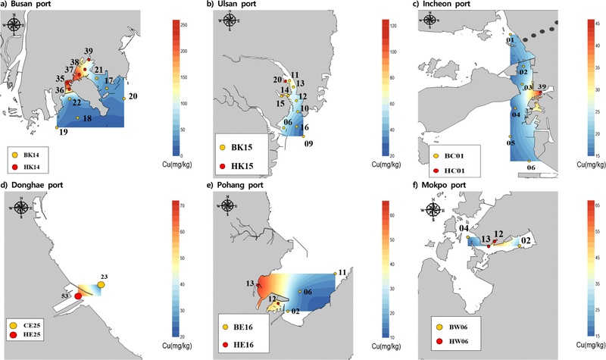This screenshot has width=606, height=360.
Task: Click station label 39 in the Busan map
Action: [89, 51]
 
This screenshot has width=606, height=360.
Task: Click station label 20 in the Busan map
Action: [133, 96]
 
